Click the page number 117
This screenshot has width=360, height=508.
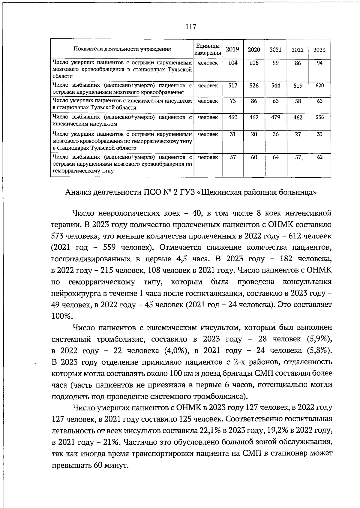(x=190, y=27)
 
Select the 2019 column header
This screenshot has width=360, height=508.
(x=232, y=50)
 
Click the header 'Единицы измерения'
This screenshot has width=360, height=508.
(x=208, y=50)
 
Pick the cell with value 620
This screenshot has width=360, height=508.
(x=320, y=86)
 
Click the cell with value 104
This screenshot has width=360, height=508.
(x=233, y=63)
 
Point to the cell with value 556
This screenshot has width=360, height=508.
(x=320, y=117)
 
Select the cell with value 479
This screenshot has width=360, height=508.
(x=276, y=117)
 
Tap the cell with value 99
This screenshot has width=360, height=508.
(x=276, y=63)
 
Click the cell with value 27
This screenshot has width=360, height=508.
(x=298, y=134)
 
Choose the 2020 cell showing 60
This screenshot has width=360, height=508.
(x=254, y=157)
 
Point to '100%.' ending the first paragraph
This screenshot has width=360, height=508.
(x=62, y=316)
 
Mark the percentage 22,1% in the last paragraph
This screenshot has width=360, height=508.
(x=210, y=431)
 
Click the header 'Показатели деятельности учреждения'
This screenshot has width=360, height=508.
(x=122, y=50)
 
